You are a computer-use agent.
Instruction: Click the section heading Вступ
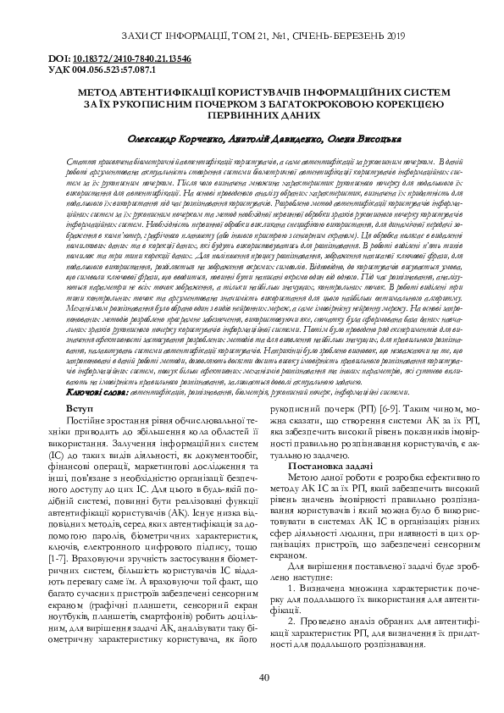point(80,410)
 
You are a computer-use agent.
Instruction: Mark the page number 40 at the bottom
point(263,677)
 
